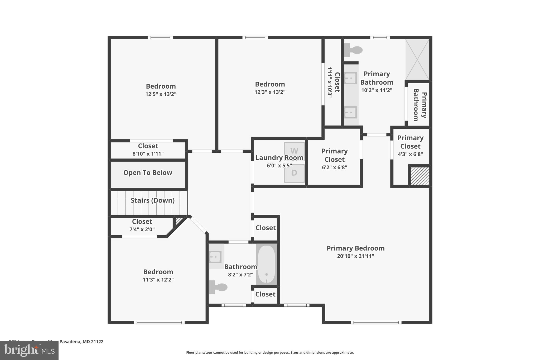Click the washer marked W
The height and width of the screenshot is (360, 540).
click(294, 151)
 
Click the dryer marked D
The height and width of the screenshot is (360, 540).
click(294, 173)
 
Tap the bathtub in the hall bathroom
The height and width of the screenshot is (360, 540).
click(267, 264)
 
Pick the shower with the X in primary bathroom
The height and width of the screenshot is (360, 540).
click(417, 60)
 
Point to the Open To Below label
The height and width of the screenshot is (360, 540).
click(148, 173)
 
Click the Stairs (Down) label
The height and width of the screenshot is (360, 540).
click(153, 200)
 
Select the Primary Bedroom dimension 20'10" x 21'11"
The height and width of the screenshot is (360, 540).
click(355, 256)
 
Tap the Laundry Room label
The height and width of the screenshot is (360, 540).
click(279, 158)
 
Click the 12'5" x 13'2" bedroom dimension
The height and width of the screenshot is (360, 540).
click(161, 94)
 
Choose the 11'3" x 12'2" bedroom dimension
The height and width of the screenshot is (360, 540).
click(158, 280)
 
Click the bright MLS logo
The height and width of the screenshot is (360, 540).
click(29, 350)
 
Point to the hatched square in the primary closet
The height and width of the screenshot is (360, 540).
click(420, 176)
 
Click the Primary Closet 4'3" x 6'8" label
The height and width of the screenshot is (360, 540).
click(410, 146)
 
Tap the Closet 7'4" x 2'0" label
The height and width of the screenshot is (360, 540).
click(142, 225)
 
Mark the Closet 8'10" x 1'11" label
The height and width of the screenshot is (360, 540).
click(148, 150)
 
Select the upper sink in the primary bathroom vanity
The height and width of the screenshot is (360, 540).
click(350, 78)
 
